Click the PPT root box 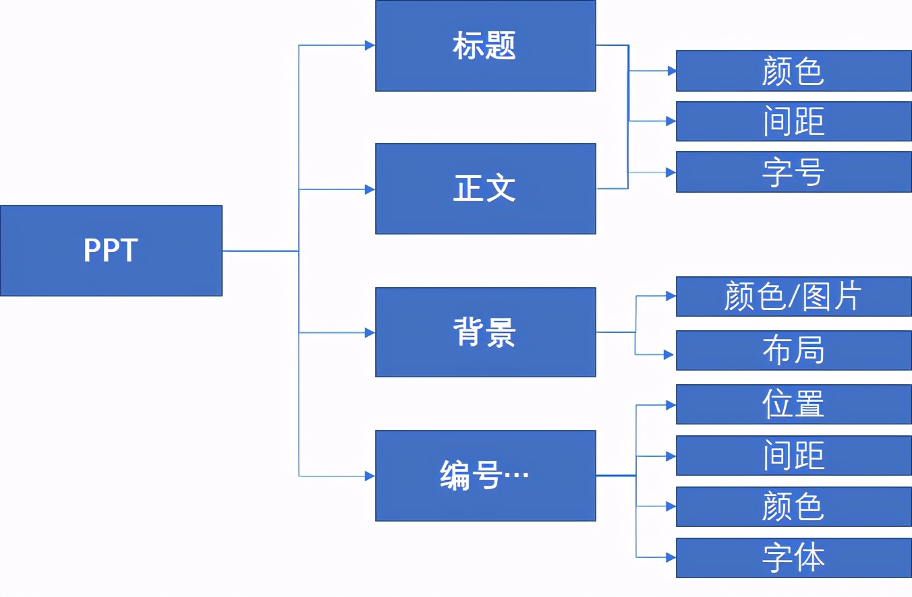tap(111, 251)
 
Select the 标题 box tap(485, 46)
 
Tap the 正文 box tap(485, 189)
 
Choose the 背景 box tap(485, 332)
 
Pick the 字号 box tap(793, 172)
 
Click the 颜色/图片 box tap(793, 296)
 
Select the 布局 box tap(793, 350)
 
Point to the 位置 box tap(793, 404)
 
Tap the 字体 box tap(793, 558)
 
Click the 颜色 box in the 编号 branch tap(793, 507)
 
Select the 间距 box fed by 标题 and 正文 tap(793, 121)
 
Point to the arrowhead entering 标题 tap(370, 45)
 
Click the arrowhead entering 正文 tap(370, 189)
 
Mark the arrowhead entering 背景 tap(370, 332)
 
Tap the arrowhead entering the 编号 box tap(370, 476)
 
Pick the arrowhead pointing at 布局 tap(669, 354)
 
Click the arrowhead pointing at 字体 tap(671, 557)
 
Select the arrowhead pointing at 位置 tap(671, 405)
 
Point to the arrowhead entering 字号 tap(671, 172)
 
